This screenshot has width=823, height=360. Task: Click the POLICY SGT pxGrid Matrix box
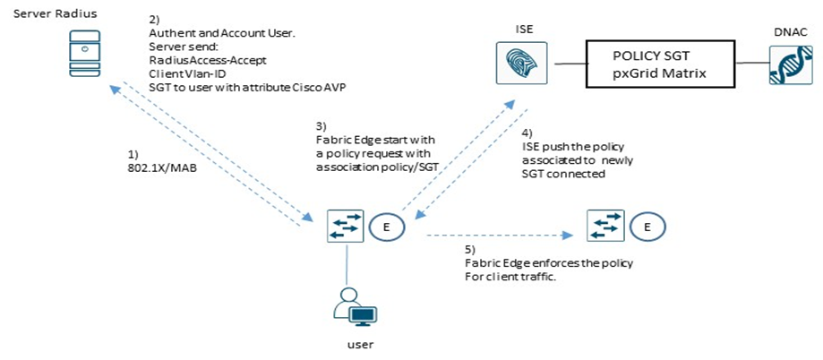coord(661,64)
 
